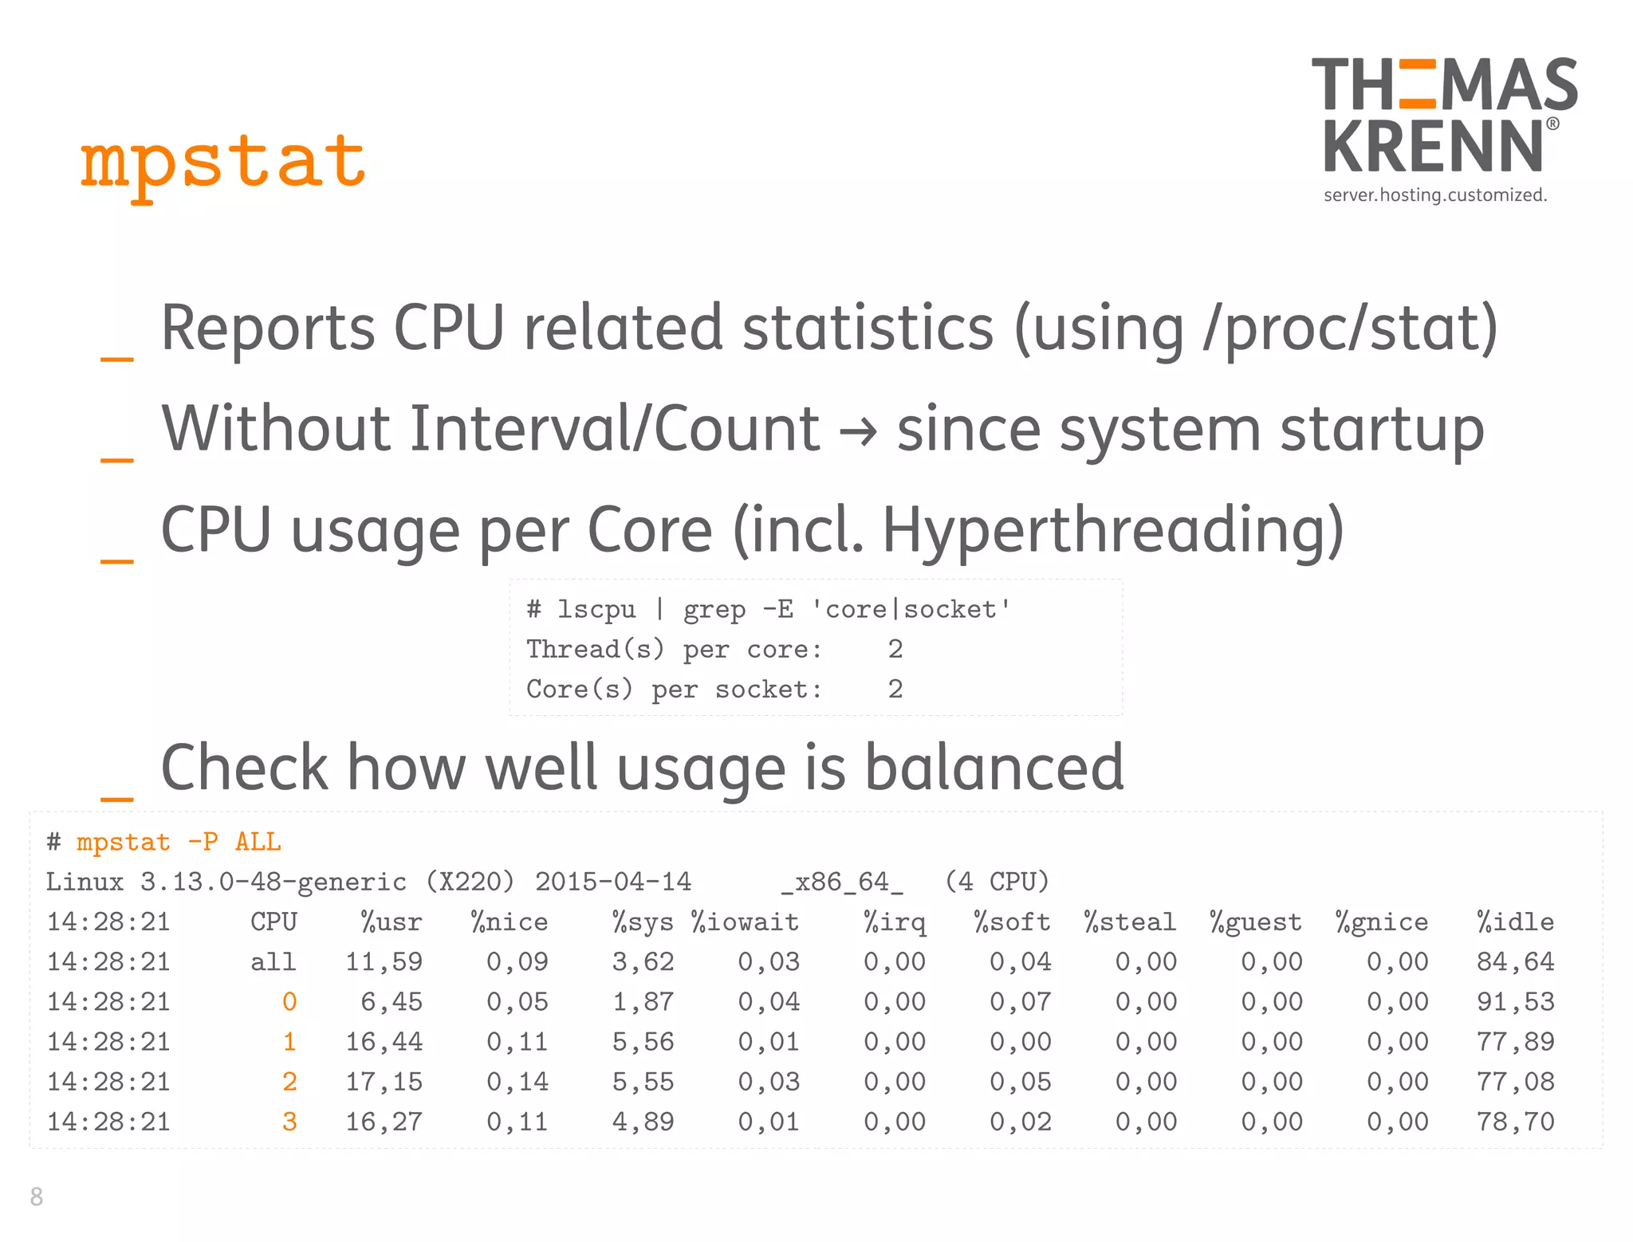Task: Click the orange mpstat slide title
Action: [223, 163]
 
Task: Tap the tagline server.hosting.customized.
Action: [1434, 195]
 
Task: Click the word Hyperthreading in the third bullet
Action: [1112, 530]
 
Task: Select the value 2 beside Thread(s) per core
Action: [895, 650]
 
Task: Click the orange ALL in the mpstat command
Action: [258, 842]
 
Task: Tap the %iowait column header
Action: [745, 922]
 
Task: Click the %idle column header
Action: [1514, 922]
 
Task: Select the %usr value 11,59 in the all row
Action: [384, 962]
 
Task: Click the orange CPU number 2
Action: [289, 1082]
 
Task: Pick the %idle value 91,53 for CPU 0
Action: [1514, 1002]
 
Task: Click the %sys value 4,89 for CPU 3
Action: [643, 1122]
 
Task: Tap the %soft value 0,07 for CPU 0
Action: [1020, 1002]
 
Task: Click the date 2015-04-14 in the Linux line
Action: [612, 882]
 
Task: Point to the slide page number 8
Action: [37, 1197]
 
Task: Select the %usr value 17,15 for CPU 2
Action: [384, 1082]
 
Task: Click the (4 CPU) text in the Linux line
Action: [997, 882]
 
